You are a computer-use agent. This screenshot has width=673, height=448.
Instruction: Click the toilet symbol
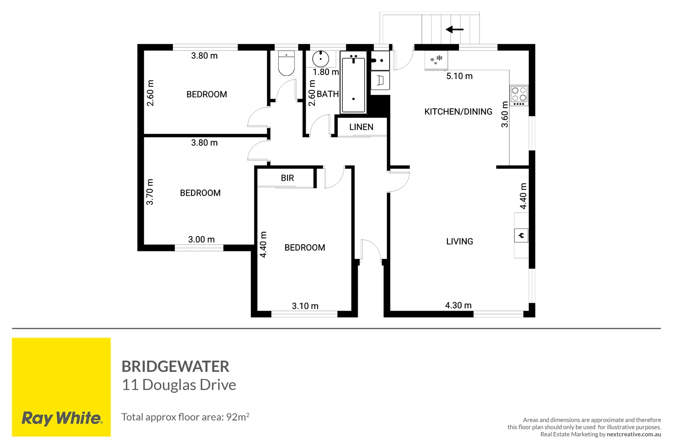(x=286, y=64)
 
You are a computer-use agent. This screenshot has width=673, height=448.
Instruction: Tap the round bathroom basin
(x=321, y=58)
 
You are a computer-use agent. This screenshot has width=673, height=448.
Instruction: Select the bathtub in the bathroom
(x=353, y=85)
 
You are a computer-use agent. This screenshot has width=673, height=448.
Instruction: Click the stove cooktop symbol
(x=519, y=95)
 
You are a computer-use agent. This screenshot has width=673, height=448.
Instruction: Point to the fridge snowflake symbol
(x=436, y=60)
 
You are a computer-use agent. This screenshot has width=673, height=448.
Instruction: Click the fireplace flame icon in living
(x=521, y=236)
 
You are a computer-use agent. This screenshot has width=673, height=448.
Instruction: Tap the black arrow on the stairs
(x=454, y=29)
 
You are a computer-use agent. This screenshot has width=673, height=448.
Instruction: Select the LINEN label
(x=361, y=127)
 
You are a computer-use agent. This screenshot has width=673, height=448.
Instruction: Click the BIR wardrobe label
(x=287, y=178)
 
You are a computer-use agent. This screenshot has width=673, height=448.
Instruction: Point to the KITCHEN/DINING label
(x=458, y=112)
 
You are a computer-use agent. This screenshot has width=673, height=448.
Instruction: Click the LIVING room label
(x=459, y=241)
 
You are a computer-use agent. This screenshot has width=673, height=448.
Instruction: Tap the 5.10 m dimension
(x=459, y=76)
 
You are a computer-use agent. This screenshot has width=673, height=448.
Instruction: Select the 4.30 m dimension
(x=458, y=305)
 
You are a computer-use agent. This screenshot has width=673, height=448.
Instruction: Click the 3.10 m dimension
(x=305, y=306)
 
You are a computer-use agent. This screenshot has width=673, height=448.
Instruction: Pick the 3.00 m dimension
(x=201, y=239)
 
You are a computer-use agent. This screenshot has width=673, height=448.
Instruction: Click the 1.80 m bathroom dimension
(x=326, y=72)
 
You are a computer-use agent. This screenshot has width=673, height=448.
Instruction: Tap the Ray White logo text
(x=61, y=418)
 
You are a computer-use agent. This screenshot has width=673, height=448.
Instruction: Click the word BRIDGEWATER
(x=175, y=366)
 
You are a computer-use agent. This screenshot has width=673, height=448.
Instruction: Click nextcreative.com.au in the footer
(x=634, y=434)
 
